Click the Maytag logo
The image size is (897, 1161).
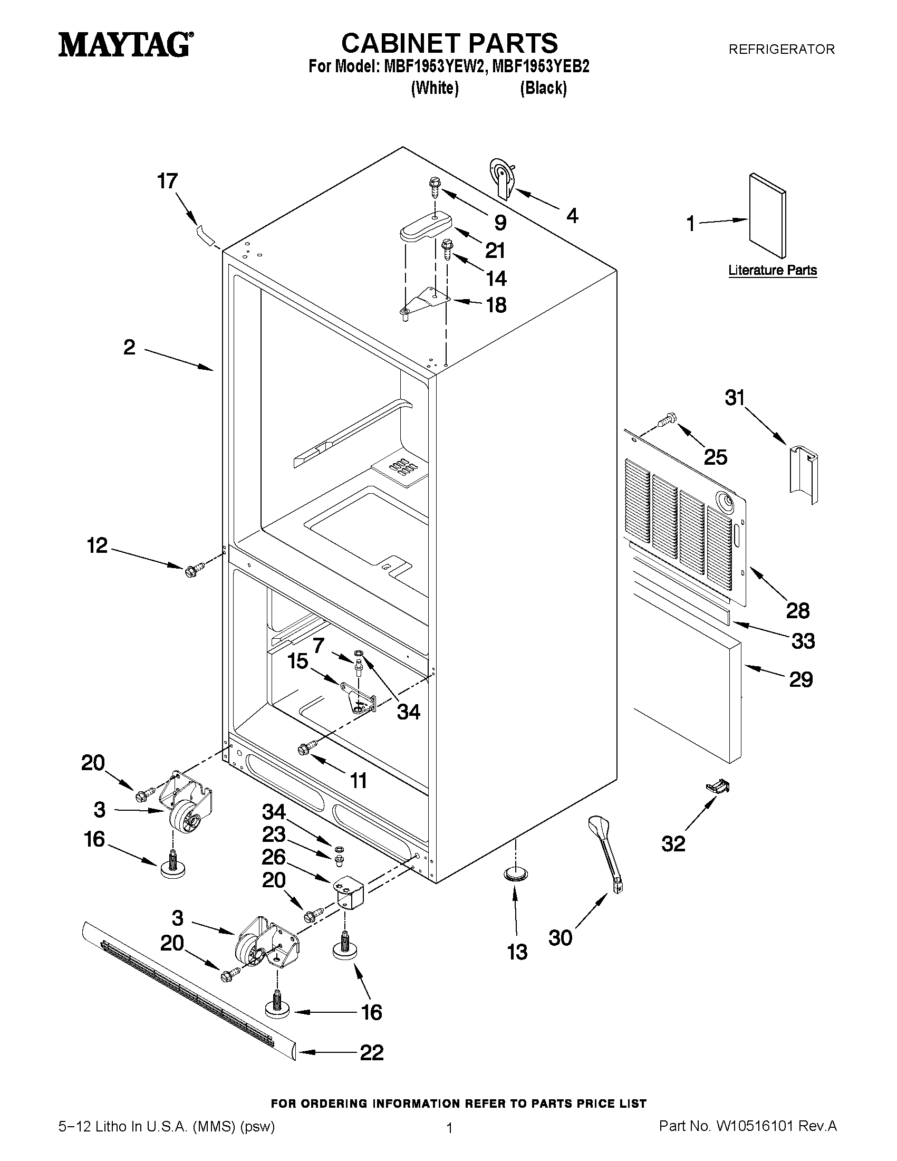(126, 45)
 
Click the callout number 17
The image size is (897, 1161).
(167, 182)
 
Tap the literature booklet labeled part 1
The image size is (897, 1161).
(767, 215)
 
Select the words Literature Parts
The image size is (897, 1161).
(772, 270)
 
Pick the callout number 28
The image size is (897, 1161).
(798, 611)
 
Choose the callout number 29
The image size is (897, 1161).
(801, 679)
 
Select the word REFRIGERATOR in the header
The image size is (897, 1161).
(781, 50)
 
